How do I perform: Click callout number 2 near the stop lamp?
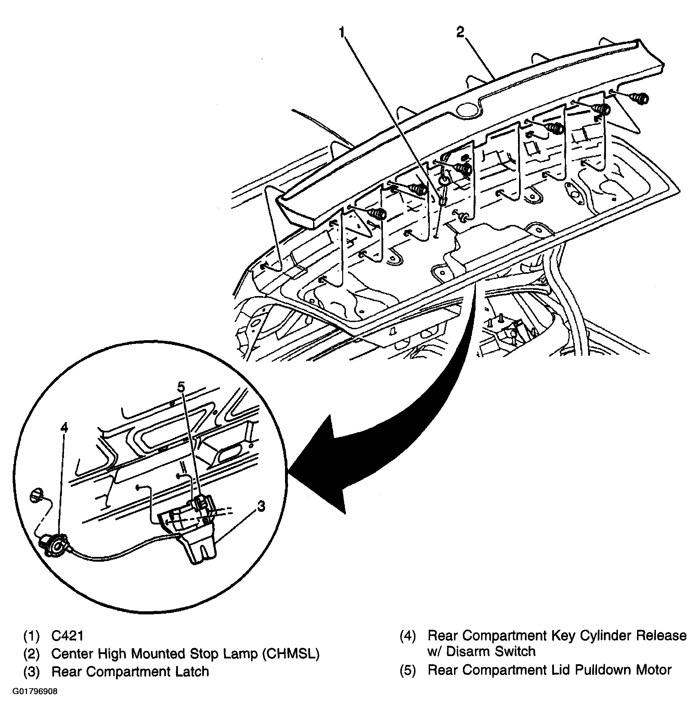(461, 32)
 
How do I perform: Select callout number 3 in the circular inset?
(261, 507)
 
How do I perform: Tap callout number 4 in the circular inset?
(64, 427)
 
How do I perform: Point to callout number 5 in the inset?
(181, 387)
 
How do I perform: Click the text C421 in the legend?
(67, 636)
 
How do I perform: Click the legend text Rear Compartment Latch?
(130, 671)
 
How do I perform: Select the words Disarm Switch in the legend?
(491, 651)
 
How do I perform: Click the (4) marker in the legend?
(407, 636)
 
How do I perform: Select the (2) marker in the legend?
(31, 654)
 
